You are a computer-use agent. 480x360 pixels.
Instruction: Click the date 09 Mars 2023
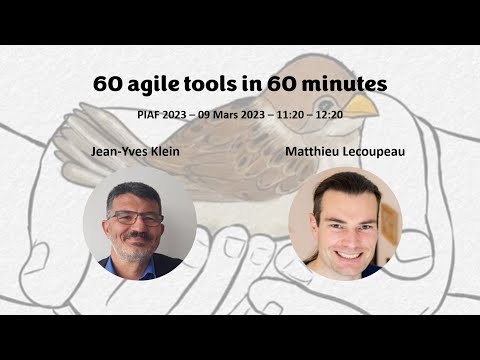point(233,114)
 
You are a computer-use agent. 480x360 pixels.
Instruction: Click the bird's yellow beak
point(362,103)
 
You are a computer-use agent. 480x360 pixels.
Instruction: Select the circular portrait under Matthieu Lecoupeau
point(345,224)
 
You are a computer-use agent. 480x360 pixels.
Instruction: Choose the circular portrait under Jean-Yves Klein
point(139,224)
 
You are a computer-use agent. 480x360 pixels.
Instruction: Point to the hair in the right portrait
point(342,186)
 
